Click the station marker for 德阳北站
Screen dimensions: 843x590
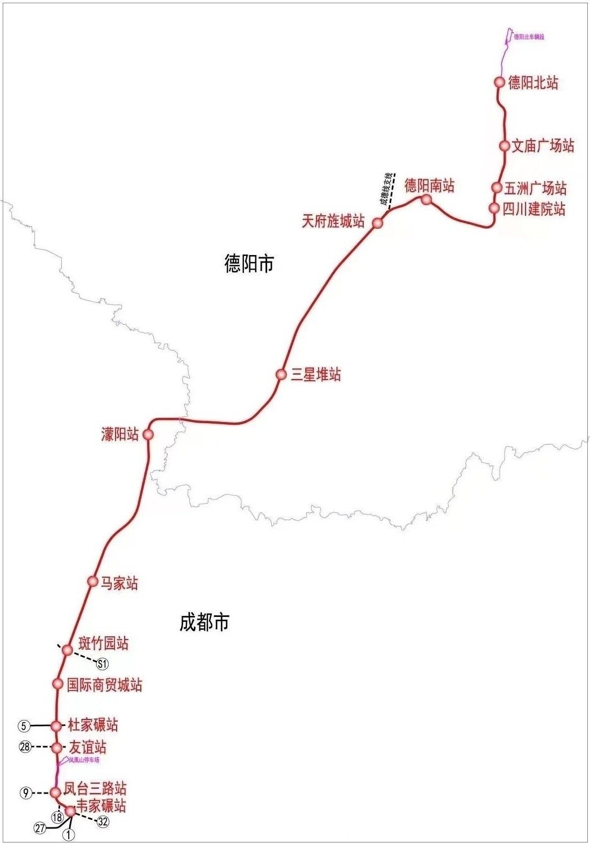(499, 82)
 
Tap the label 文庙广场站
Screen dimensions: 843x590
(543, 146)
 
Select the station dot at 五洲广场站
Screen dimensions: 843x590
(497, 187)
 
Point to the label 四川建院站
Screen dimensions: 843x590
(534, 208)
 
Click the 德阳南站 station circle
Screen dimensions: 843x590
(426, 200)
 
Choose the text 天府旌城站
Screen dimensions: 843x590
(333, 221)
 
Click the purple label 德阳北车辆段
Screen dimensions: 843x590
(529, 37)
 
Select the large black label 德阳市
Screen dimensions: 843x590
(249, 264)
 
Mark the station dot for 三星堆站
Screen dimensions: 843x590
(281, 374)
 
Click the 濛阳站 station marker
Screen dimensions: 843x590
(148, 434)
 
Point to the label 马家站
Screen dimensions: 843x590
(119, 583)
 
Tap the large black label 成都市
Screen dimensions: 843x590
(204, 622)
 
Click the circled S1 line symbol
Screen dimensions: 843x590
(102, 664)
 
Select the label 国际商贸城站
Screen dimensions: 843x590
(105, 685)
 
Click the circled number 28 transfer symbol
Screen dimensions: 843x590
(25, 747)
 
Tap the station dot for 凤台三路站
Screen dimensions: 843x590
(55, 793)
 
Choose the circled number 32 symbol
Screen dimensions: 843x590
(103, 822)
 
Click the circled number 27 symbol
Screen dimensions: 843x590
(40, 828)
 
